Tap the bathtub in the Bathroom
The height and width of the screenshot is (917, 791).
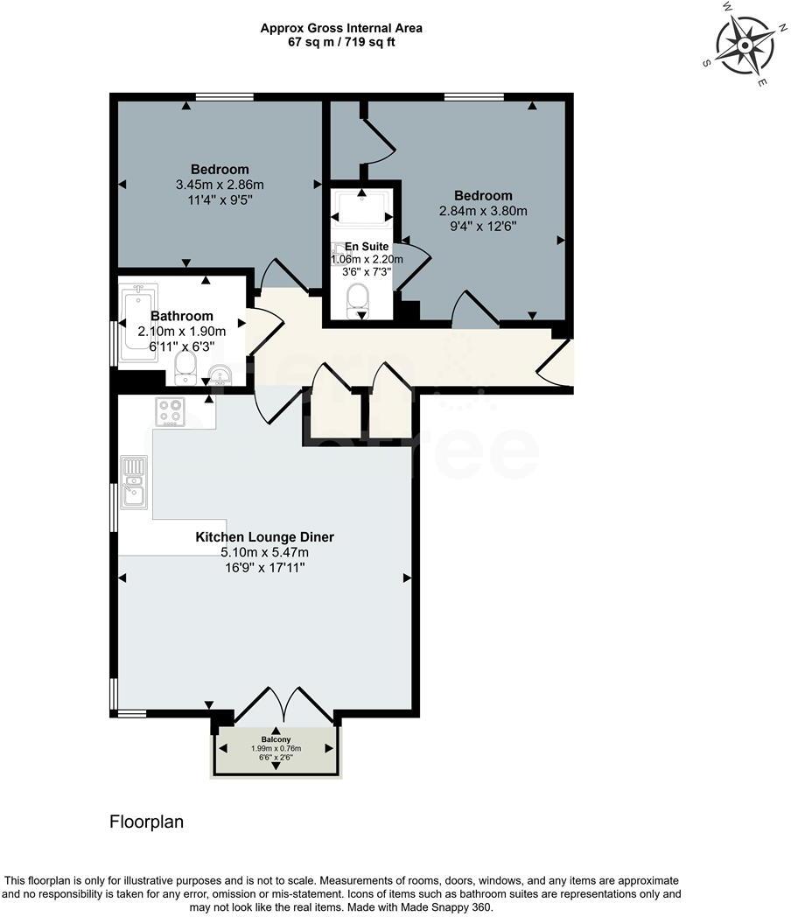pos(138,322)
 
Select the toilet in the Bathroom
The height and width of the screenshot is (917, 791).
pos(186,367)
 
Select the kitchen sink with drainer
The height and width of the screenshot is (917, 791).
pos(134,482)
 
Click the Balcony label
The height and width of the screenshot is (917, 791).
pos(275,739)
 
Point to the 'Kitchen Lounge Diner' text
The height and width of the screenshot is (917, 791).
pos(264,537)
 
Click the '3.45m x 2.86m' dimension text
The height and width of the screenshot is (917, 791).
pos(220,185)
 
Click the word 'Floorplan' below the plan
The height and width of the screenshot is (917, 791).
pos(146,822)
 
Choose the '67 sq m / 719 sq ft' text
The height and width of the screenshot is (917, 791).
pos(341,41)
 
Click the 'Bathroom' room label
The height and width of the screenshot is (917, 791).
pos(182,316)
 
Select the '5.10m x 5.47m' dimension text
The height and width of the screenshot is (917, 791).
pos(264,552)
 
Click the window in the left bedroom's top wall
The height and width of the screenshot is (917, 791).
pos(224,96)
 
